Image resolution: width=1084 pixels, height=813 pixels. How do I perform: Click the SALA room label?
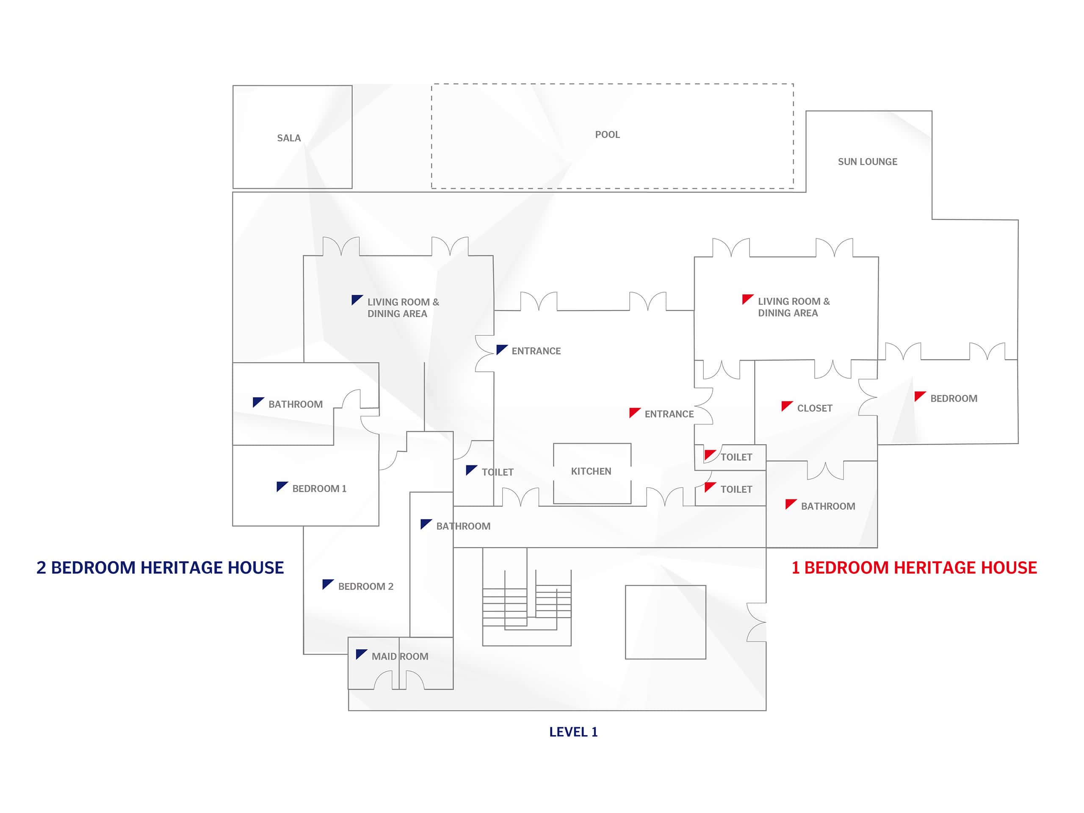(289, 138)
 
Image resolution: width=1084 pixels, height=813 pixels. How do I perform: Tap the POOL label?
(607, 135)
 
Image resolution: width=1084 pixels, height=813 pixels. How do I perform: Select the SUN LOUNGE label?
(867, 162)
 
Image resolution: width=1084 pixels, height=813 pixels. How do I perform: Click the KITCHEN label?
(591, 471)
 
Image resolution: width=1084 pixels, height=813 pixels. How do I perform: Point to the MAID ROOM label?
(400, 657)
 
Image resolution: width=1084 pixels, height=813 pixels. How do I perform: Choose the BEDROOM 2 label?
(365, 586)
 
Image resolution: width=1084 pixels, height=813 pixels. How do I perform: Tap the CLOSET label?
(814, 408)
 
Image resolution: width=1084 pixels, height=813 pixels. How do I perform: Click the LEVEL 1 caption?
(573, 732)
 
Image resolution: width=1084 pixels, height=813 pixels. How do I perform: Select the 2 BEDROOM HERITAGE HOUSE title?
(160, 567)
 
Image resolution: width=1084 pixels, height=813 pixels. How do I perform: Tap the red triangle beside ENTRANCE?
(634, 412)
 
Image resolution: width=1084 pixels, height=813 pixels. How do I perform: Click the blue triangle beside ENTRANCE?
(501, 349)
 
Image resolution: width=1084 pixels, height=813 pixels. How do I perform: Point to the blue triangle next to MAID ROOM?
(361, 654)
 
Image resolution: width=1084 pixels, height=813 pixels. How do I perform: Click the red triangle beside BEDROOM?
(919, 396)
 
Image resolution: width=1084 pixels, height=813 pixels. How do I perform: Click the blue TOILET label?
(498, 473)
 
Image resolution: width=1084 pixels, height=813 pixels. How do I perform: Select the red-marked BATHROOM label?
(828, 506)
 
